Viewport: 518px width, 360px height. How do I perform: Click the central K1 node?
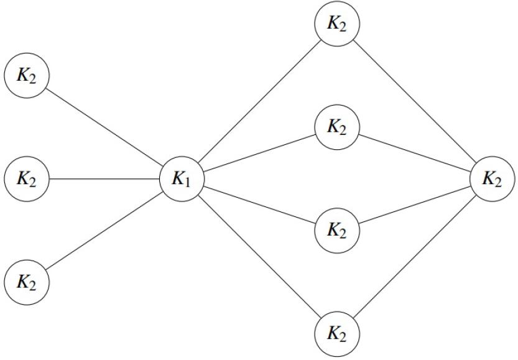[x=182, y=178]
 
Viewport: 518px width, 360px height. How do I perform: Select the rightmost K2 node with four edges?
[x=492, y=178]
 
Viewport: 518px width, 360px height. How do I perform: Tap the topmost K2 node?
[x=337, y=24]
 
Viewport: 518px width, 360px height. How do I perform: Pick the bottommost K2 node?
[x=337, y=334]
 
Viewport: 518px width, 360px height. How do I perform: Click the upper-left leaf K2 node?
[x=27, y=75]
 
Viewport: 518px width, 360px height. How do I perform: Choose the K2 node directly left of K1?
[x=27, y=178]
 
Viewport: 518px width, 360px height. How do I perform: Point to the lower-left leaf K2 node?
[x=27, y=282]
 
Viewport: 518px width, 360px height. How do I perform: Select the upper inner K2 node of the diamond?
[x=337, y=127]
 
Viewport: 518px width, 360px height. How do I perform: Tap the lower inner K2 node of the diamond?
[x=337, y=231]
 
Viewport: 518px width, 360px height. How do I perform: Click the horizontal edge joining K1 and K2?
[x=104, y=178]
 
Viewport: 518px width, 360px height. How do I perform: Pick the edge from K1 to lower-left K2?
[x=104, y=231]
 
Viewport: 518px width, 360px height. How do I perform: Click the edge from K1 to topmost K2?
[x=259, y=101]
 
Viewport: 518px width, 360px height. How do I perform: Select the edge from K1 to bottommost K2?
[x=259, y=256]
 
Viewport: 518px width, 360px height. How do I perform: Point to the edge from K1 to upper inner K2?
[x=259, y=153]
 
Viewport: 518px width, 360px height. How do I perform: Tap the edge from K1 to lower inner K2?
[x=259, y=205]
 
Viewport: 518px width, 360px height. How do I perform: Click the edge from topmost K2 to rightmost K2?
[x=415, y=101]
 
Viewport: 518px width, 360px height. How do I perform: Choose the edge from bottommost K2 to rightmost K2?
[x=415, y=256]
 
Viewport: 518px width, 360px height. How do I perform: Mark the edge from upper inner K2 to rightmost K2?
[x=415, y=153]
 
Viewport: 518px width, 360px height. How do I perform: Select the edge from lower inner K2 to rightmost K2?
[x=415, y=205]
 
